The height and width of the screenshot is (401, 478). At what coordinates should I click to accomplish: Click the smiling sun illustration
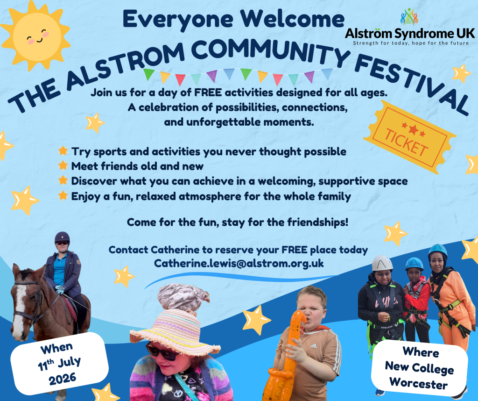click(36, 36)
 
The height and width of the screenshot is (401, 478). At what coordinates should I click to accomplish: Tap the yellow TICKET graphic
click(409, 137)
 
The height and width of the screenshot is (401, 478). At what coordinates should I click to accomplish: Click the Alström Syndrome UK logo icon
click(409, 16)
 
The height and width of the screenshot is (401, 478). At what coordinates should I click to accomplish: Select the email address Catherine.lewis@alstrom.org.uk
click(239, 263)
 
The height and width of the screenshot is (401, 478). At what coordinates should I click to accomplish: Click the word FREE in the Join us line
click(208, 92)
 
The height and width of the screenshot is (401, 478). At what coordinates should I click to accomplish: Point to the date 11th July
click(59, 363)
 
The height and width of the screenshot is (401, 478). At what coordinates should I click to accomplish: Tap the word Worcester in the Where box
click(419, 383)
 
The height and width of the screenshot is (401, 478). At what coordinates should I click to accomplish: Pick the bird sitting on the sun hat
click(183, 297)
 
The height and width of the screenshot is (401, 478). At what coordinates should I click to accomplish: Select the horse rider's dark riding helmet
click(62, 237)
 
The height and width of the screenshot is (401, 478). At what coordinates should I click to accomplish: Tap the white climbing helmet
click(382, 263)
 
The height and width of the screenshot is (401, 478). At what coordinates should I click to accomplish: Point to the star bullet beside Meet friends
click(63, 165)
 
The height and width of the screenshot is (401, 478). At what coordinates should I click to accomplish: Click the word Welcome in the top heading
click(292, 19)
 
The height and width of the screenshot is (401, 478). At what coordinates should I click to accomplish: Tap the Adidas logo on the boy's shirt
click(313, 346)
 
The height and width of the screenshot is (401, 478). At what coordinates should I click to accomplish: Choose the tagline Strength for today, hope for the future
click(411, 43)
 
